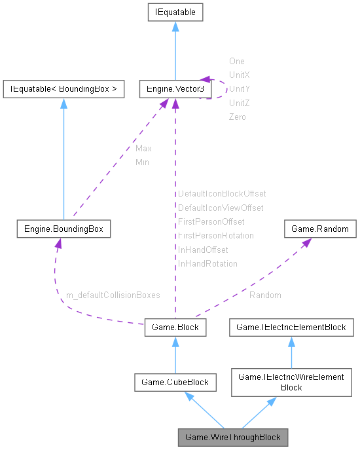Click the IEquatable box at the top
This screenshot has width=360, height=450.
pyautogui.click(x=175, y=12)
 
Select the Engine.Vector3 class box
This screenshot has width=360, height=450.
pyautogui.click(x=175, y=89)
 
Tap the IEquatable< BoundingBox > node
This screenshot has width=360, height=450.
pyautogui.click(x=63, y=89)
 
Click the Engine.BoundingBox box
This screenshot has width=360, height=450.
pyautogui.click(x=63, y=229)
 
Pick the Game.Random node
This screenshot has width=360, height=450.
pyautogui.click(x=320, y=229)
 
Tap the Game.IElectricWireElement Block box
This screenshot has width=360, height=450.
pyautogui.click(x=291, y=382)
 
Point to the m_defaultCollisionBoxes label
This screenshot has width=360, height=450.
pyautogui.click(x=113, y=295)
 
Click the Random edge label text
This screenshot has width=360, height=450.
pyautogui.click(x=265, y=295)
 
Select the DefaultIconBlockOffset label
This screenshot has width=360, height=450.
pyautogui.click(x=222, y=194)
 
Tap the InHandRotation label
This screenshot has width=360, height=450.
pyautogui.click(x=207, y=264)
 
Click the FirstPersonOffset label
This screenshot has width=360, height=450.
pyautogui.click(x=211, y=222)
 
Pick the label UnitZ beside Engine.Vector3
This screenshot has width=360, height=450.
pyautogui.click(x=239, y=103)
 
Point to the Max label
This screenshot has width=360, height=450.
pyautogui.click(x=143, y=149)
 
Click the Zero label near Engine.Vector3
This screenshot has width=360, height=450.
pyautogui.click(x=237, y=117)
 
